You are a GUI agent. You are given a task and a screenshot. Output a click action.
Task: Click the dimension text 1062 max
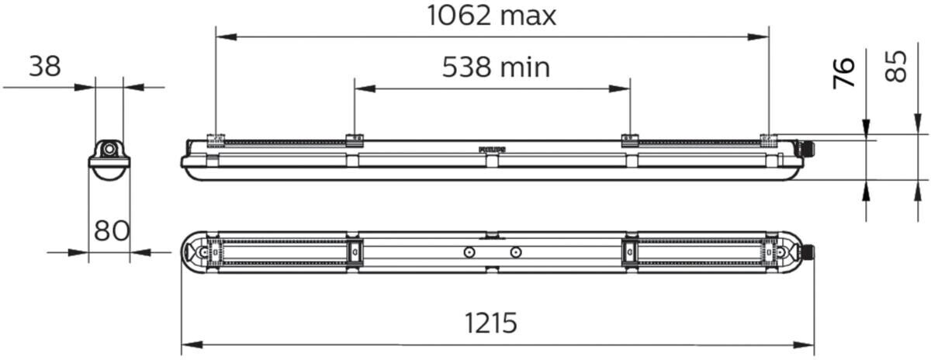coord(492,16)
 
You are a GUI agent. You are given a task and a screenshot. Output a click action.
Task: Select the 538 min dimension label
coord(496,68)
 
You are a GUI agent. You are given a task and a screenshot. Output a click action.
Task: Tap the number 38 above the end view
coord(45,68)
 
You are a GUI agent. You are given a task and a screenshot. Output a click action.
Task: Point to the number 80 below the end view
coord(111,231)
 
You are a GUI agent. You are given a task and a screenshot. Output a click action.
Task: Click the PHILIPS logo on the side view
coord(491,147)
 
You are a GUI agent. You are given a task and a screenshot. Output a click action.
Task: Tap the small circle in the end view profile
coord(109,147)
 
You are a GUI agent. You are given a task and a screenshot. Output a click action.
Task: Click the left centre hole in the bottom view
coord(469,252)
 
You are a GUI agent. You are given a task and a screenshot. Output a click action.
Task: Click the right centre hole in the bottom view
coord(515,252)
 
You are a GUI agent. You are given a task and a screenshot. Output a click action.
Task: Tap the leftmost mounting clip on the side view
coord(216,140)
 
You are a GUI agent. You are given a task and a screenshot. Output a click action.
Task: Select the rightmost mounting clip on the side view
coord(768,140)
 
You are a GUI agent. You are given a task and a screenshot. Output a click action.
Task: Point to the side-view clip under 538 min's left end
coord(355,140)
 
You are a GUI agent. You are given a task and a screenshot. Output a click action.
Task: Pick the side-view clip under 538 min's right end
coord(629,140)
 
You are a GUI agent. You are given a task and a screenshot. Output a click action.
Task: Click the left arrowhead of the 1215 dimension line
coord(187,344)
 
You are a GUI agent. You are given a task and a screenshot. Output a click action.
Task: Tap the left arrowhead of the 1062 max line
coord(222,36)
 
